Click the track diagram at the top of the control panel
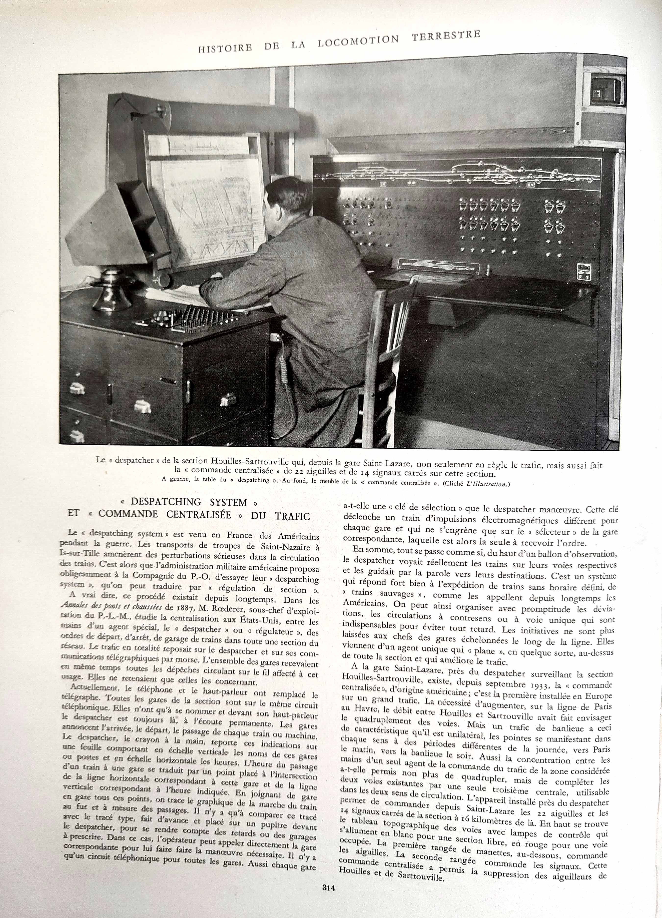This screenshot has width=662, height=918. [458, 172]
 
